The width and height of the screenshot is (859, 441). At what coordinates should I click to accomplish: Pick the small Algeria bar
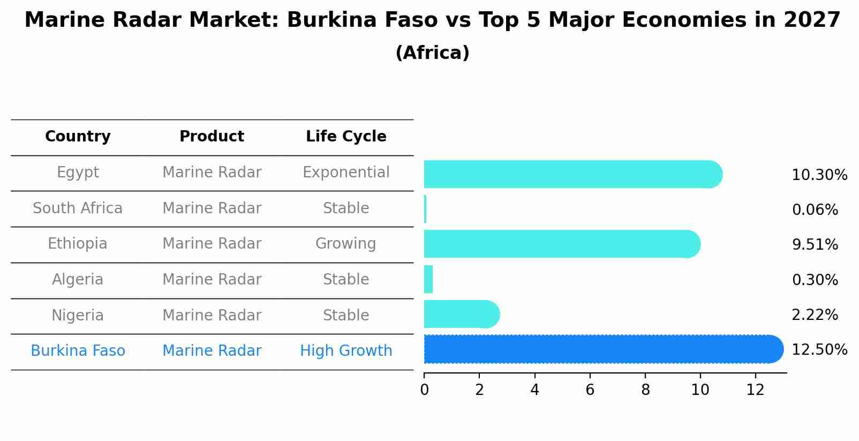coord(428,279)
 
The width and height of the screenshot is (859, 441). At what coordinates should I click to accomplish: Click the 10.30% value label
coord(819,175)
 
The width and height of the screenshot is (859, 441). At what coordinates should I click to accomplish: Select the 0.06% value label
coord(815,210)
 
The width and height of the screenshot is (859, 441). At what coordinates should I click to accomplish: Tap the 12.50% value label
coord(819,350)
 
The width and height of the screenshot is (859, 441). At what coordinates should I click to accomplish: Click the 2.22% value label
coord(815,315)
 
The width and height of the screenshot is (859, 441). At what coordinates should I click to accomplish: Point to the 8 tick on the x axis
coord(645,390)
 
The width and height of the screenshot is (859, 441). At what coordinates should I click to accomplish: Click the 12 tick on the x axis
coord(755,390)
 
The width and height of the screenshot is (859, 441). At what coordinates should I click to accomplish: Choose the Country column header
coord(78,137)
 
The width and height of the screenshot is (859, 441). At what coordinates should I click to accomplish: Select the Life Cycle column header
coord(346,137)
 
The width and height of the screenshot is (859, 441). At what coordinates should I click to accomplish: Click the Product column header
coord(212,137)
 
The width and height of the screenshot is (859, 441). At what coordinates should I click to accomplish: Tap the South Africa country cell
coord(78,208)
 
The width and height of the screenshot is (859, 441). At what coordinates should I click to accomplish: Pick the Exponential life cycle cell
coord(346,173)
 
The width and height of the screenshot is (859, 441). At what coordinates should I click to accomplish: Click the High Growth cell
coord(346,351)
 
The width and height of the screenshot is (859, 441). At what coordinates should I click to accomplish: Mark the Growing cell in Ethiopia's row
coord(346,244)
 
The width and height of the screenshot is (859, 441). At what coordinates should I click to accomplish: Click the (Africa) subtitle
coord(432,53)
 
